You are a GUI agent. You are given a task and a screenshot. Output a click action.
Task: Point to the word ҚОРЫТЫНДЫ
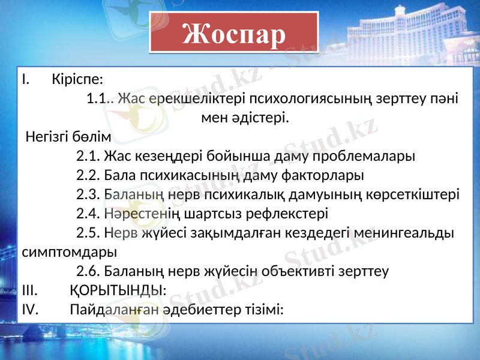tap(116, 290)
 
